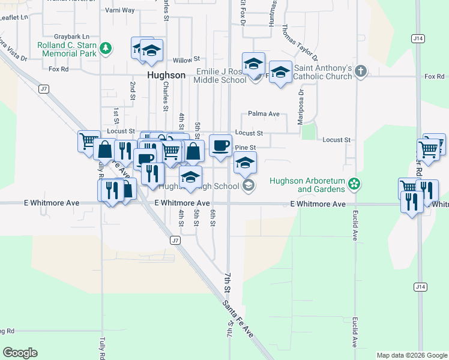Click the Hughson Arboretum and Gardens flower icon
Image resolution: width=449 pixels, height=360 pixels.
pos(354,184)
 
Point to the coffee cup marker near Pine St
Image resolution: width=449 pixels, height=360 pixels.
pos(220,145)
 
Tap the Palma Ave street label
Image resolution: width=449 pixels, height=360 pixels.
pos(264,114)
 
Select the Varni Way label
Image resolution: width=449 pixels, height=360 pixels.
pos(120,10)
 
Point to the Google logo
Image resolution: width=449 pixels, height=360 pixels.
pos(20,353)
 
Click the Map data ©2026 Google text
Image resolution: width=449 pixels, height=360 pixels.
pos(412,355)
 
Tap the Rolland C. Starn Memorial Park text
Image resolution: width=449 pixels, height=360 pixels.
pos(67,49)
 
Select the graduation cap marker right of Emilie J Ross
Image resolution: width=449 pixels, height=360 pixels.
pos(280,73)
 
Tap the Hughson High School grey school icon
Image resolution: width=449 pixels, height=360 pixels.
pos(247,186)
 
